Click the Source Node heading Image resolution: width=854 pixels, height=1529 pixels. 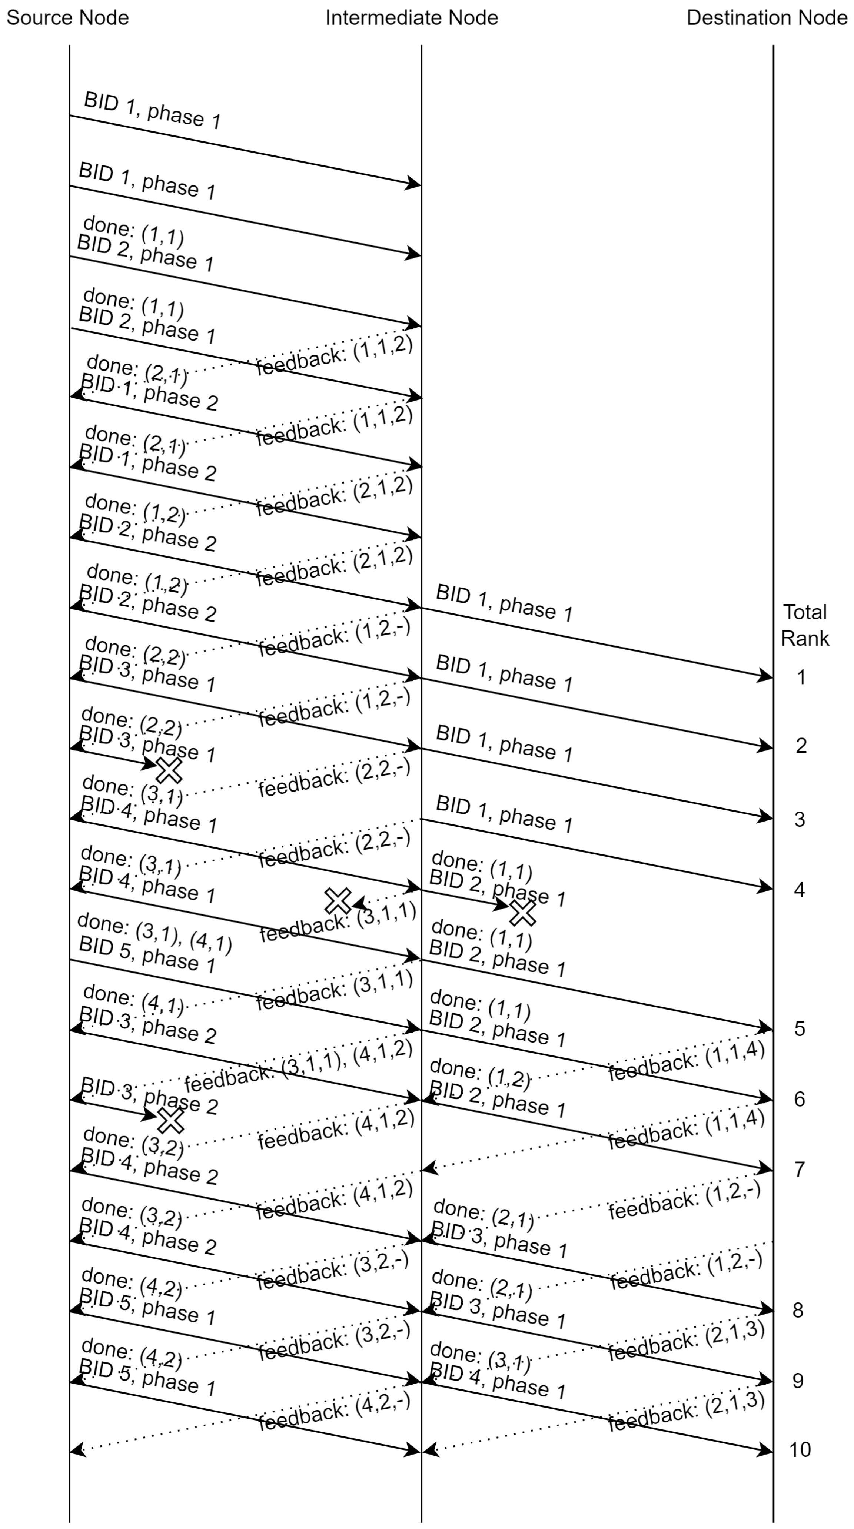coord(67,18)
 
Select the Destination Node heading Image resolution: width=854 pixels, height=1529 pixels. coord(766,18)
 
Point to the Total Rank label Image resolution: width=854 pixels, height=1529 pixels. coord(805,625)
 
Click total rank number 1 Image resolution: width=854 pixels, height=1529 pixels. coord(801,677)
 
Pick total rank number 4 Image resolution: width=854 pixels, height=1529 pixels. coord(800,890)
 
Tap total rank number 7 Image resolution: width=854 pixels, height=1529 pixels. coord(800,1169)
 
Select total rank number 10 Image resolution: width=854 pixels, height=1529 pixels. coord(800,1449)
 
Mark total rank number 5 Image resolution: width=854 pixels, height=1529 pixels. coord(800,1028)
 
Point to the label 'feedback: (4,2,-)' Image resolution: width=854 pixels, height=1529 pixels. coord(334,1412)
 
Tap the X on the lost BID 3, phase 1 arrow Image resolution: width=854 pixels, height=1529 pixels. coord(169,770)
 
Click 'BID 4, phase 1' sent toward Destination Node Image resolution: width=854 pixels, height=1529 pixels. coord(498,1383)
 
